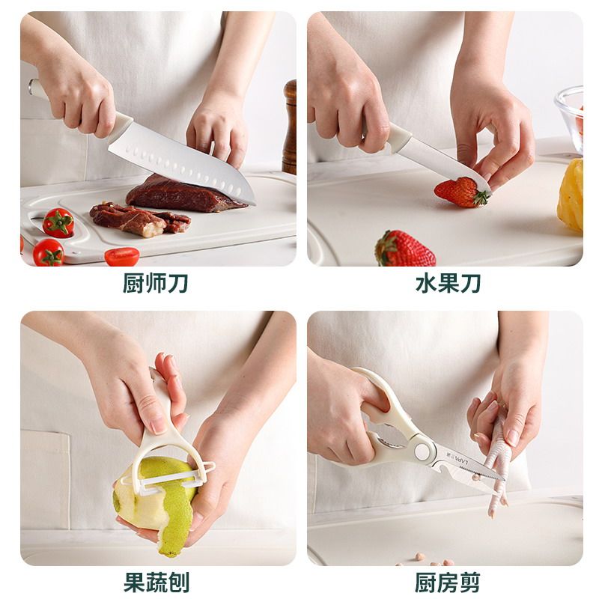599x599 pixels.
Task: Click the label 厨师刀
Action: coord(155,285)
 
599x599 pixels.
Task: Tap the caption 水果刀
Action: coord(447,285)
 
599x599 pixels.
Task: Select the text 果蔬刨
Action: coord(155,581)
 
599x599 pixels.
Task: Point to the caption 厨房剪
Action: coord(447,581)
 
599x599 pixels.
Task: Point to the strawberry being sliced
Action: coord(458,192)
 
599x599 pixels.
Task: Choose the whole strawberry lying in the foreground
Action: coord(404,249)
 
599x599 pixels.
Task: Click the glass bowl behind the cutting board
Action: coord(571,112)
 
